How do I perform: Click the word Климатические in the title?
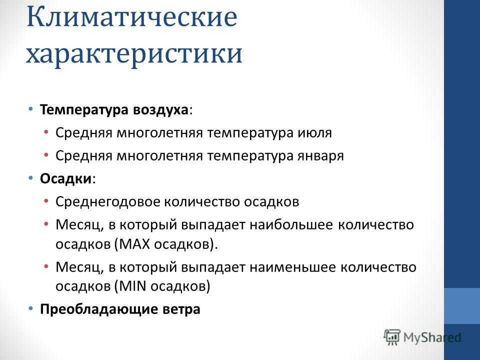[132, 17]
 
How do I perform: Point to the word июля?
[314, 133]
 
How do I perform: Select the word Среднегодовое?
[108, 202]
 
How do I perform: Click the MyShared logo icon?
[392, 337]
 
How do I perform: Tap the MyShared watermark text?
[432, 337]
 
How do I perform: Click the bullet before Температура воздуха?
[30, 109]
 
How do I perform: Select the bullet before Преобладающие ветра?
[30, 308]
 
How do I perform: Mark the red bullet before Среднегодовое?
[46, 201]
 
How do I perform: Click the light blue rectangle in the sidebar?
[462, 306]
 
